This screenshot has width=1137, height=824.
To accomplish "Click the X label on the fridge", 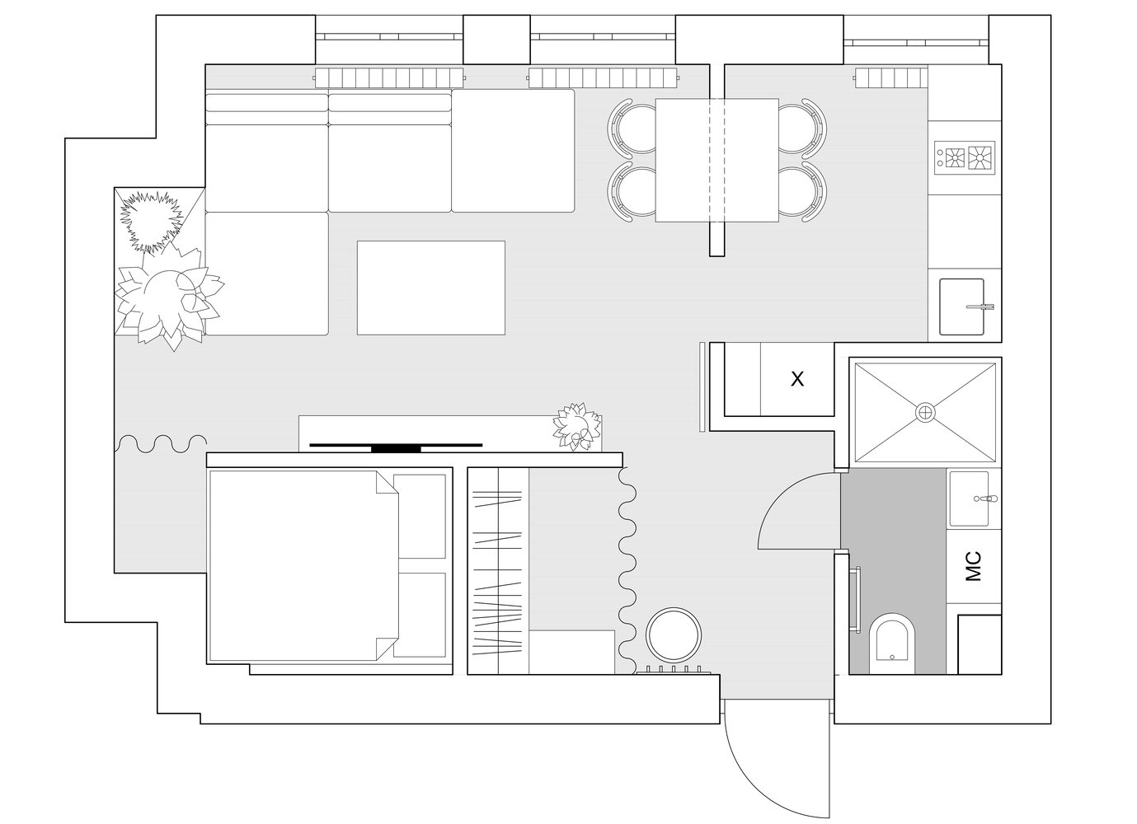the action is [797, 379].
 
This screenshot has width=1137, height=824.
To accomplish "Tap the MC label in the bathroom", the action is [973, 566].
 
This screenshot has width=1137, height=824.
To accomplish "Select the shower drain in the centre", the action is [925, 411].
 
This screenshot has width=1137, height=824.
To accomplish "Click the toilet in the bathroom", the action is [892, 644].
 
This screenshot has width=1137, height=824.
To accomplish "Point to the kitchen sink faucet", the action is [980, 307].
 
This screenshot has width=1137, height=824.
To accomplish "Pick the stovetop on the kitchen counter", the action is [965, 158].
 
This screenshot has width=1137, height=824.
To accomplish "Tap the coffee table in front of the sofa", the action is [431, 288].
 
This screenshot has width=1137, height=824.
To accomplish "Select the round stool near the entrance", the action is [674, 635].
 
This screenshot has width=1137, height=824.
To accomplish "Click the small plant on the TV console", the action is [577, 427].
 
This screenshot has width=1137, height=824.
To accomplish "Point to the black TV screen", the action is [396, 446].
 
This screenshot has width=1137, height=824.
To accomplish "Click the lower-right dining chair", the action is [802, 192].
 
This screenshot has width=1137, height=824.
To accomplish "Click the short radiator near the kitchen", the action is [890, 77].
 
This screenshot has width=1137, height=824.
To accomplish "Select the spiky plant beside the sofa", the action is [151, 221].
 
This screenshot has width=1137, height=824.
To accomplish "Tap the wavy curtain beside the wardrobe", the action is [627, 571].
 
